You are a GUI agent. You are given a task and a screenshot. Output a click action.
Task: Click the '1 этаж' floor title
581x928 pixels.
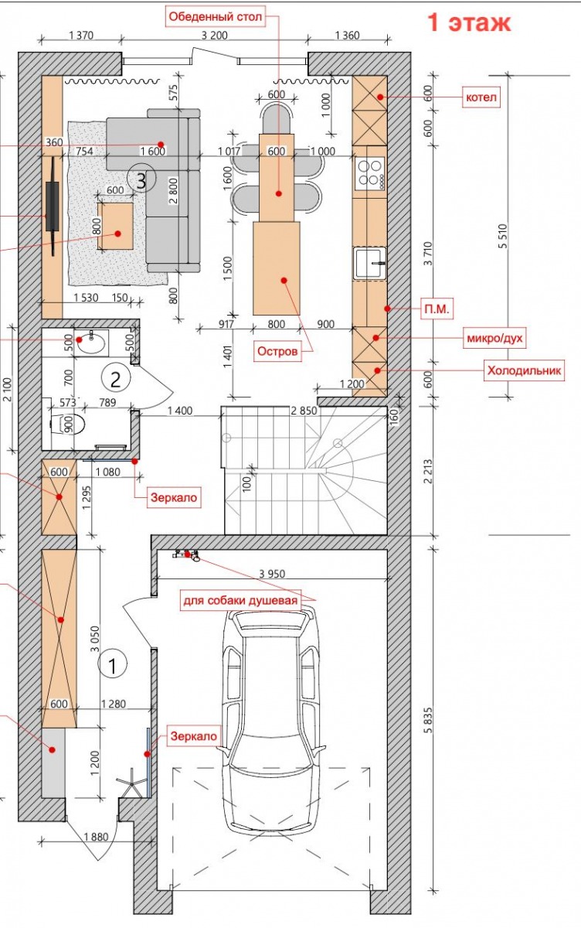tap(469, 22)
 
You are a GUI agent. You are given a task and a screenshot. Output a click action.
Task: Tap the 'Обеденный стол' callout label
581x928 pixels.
tap(216, 17)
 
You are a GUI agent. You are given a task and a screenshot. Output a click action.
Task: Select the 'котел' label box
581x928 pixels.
tap(481, 97)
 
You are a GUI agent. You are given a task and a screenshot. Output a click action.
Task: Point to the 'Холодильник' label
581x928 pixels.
tap(524, 370)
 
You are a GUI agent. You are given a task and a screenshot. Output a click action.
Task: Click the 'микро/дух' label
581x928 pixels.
tap(494, 339)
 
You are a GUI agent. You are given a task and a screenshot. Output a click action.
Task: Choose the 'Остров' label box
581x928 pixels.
tap(277, 352)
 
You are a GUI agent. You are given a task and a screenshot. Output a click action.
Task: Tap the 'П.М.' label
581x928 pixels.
tap(437, 309)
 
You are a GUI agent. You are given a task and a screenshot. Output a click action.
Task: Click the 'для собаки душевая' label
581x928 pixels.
tap(240, 601)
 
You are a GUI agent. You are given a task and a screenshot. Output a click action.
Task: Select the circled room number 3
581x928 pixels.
tap(141, 180)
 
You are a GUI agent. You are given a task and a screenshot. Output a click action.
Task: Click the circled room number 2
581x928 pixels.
tap(115, 378)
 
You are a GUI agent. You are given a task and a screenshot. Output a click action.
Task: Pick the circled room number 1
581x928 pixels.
tap(112, 665)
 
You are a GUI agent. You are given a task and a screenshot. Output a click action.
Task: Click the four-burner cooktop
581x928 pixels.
tap(370, 172)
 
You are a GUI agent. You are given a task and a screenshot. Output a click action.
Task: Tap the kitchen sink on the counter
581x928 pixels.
tap(369, 263)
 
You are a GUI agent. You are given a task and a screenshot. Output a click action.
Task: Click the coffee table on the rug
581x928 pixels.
tap(115, 226)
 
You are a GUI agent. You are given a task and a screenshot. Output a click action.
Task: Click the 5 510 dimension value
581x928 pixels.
tap(503, 236)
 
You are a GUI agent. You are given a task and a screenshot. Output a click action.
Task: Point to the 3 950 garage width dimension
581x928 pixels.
tap(272, 574)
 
